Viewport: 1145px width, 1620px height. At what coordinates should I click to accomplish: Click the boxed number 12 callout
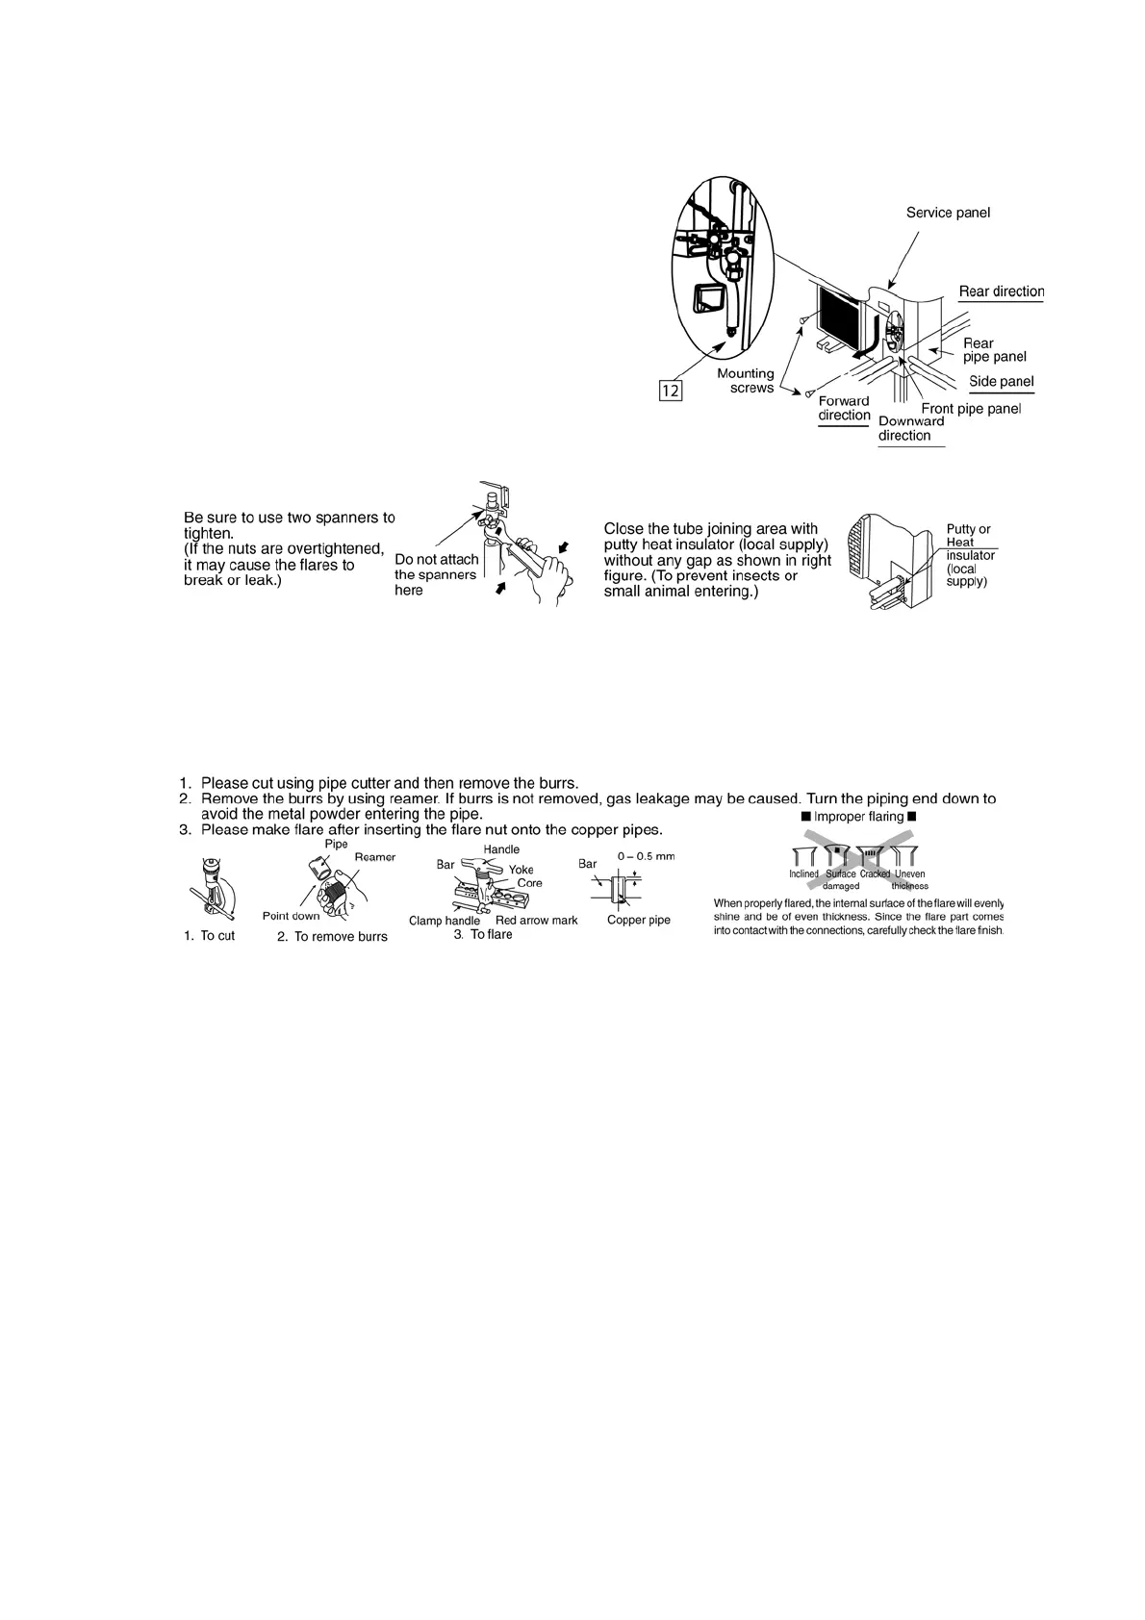pos(671,391)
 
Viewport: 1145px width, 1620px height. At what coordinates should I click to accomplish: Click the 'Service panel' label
pos(948,213)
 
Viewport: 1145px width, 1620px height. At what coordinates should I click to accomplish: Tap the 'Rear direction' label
pos(1001,291)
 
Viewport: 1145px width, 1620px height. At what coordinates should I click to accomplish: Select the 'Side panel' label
pos(1001,382)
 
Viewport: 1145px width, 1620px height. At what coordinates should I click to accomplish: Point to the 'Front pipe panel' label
pos(970,409)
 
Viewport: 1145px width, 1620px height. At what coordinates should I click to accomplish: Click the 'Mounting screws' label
pos(746,381)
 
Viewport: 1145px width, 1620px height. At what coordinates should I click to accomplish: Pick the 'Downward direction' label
pos(910,428)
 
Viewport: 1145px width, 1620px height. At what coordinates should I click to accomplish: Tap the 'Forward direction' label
pos(844,408)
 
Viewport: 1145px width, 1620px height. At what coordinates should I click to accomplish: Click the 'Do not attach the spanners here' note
pos(436,574)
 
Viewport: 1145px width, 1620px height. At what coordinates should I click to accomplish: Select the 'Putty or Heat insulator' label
pos(970,555)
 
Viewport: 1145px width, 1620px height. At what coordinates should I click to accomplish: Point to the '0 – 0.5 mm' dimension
pos(646,856)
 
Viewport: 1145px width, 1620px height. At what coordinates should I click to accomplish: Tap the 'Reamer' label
pos(375,857)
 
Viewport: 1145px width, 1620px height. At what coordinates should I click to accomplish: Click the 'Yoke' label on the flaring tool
pos(522,870)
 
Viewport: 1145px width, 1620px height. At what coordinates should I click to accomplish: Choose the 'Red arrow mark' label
pos(536,921)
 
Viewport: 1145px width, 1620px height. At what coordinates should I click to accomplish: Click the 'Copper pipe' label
pos(639,920)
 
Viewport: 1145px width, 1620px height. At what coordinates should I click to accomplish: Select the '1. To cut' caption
pos(209,935)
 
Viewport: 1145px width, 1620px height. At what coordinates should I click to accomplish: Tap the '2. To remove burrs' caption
pos(332,937)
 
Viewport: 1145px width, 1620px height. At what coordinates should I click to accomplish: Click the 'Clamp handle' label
pos(444,921)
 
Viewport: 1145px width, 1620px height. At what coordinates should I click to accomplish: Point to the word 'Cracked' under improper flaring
pos(875,874)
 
